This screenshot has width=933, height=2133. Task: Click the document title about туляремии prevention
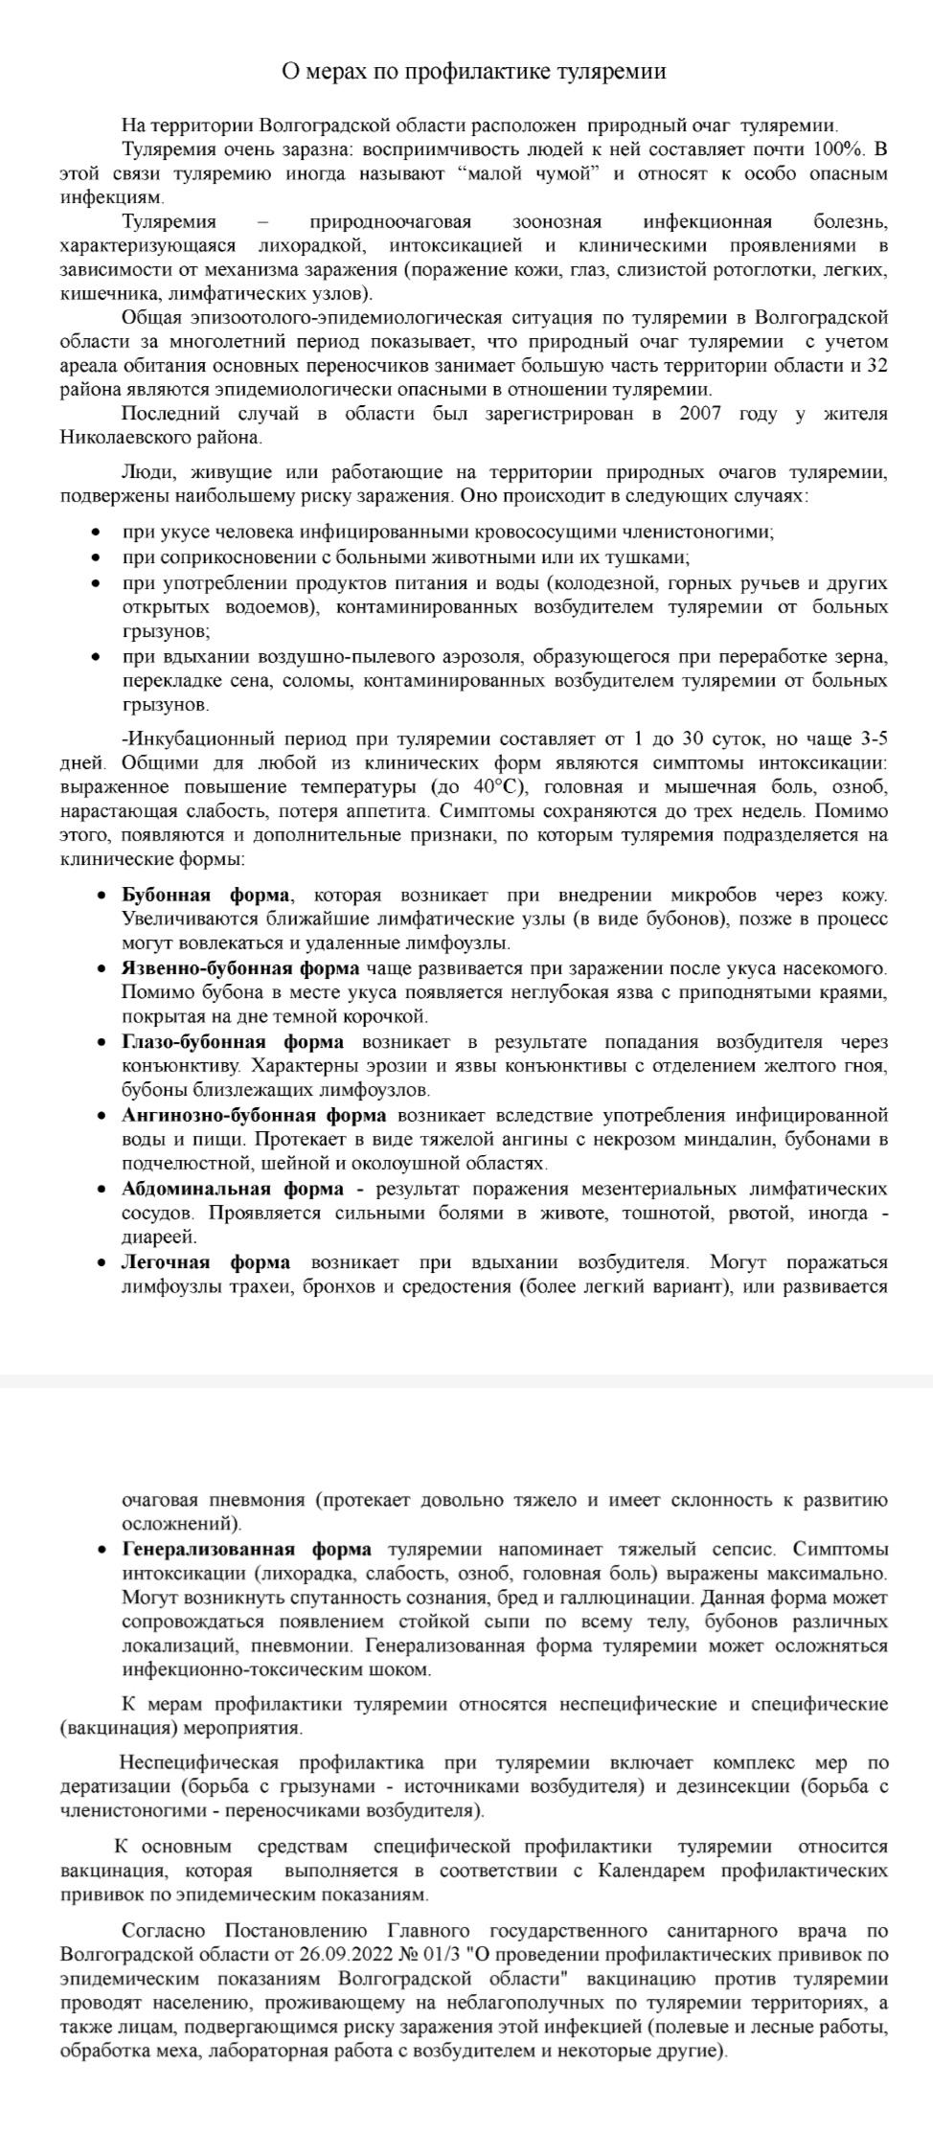pos(473,72)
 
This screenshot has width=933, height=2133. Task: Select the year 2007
pos(706,414)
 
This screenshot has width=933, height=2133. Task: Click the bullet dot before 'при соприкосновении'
pos(95,557)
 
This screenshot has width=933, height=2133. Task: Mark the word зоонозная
pos(557,222)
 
